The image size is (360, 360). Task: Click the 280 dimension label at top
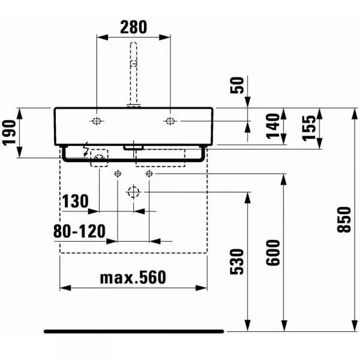point(133,27)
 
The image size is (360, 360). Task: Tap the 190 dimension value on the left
point(9,133)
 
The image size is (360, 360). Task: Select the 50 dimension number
point(237,85)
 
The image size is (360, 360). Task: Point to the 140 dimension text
point(273,126)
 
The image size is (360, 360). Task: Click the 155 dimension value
point(309,128)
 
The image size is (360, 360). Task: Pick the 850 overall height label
point(344,220)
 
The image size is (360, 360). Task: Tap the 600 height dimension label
point(273,253)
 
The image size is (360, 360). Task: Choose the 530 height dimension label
point(237,262)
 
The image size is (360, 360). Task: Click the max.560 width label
point(133,277)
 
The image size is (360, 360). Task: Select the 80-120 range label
point(79,231)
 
